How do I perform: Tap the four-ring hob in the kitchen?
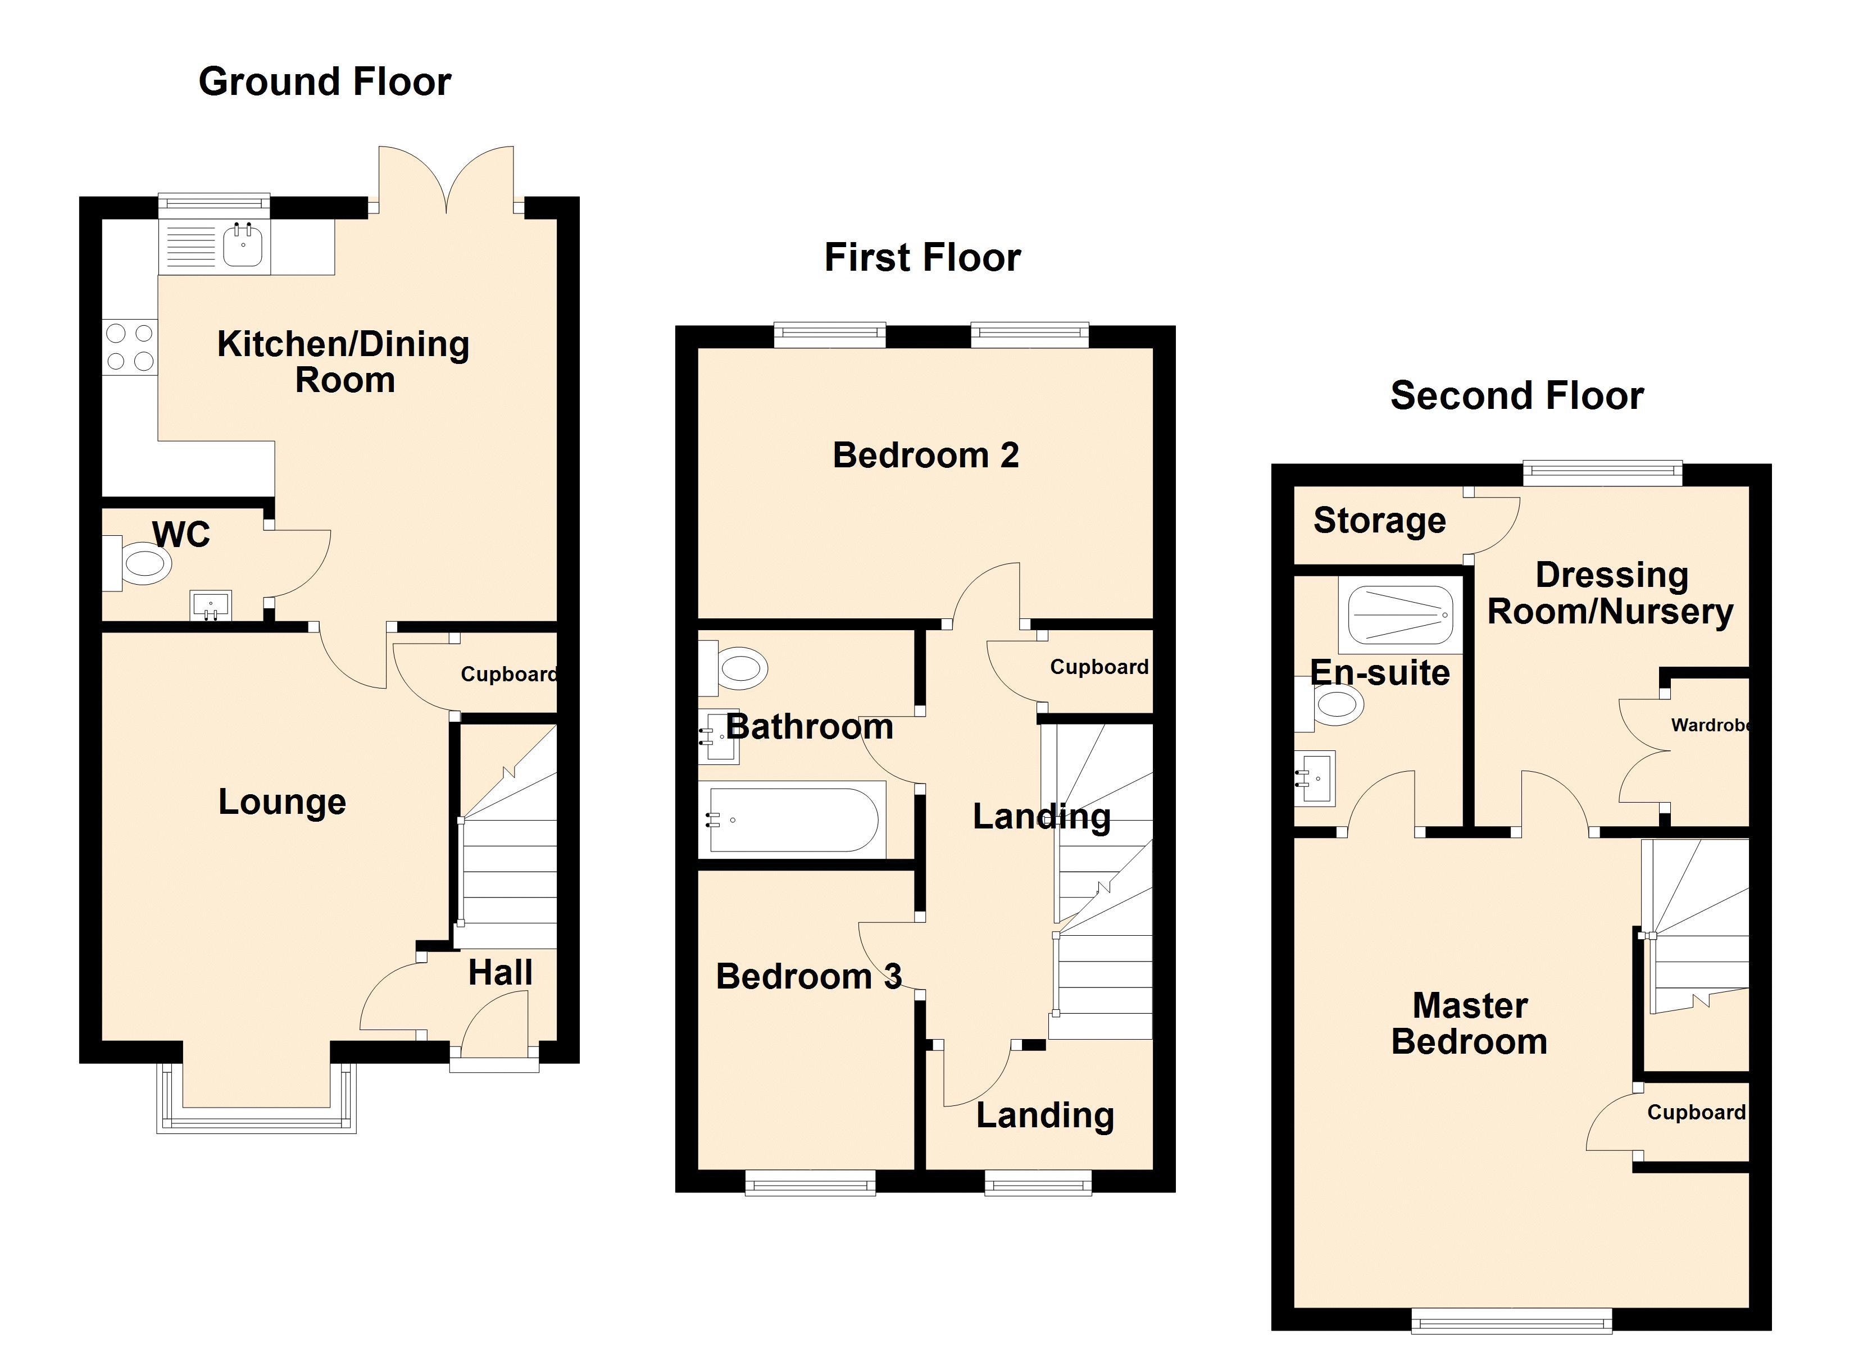130,347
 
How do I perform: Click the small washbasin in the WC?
211,605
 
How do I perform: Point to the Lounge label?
282,803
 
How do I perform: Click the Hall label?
500,973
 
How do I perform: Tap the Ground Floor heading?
325,82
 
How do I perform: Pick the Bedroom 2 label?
925,456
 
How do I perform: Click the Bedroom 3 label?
808,976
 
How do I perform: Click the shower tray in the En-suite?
1400,614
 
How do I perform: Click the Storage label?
1380,521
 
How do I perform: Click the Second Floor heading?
1517,395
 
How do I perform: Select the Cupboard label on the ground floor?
508,675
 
